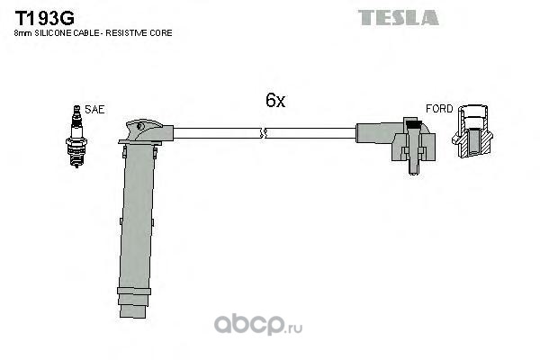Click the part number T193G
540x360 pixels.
pos(44,18)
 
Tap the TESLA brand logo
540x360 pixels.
pos(399,18)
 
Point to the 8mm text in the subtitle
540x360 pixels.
pos(23,33)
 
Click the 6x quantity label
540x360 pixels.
pos(275,100)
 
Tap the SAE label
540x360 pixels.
pos(94,110)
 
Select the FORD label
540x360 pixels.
pos(439,109)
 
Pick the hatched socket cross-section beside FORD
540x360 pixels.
pos(472,131)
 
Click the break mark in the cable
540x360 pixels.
pos(263,133)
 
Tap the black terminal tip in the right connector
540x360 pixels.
pos(413,124)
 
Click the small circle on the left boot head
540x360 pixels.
pos(140,126)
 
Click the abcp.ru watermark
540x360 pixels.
pos(258,324)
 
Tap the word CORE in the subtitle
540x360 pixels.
pos(161,33)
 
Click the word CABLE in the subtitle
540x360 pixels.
pos(90,33)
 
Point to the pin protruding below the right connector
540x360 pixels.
pos(413,166)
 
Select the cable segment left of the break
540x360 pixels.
pos(217,133)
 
